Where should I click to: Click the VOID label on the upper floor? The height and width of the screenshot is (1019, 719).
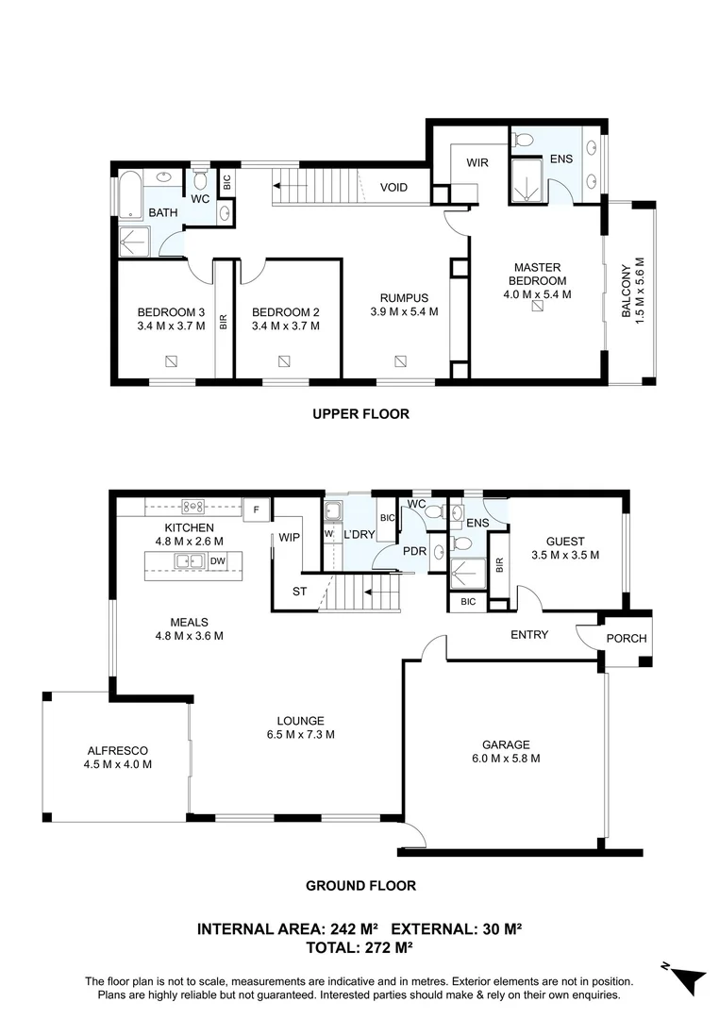coord(393,187)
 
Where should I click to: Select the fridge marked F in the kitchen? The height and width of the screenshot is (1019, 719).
coord(256,510)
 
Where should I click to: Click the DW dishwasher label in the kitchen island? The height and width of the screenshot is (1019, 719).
coord(218,560)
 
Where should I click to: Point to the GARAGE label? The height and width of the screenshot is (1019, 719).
coord(506,744)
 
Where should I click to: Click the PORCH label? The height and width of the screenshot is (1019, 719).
coord(626,638)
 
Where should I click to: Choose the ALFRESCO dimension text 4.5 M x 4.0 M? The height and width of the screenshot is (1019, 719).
coord(118,764)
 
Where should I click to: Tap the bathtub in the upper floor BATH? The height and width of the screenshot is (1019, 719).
coord(130,194)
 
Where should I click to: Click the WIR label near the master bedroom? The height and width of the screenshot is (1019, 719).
coord(477,162)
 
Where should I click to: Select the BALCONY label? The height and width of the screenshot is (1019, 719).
coord(626,291)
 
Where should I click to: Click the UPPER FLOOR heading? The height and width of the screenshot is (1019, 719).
coord(360,414)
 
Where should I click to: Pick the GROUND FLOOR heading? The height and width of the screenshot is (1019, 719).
coord(360,885)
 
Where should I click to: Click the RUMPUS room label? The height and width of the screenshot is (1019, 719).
coord(405,298)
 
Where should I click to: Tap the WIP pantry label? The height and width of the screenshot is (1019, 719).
coord(290,538)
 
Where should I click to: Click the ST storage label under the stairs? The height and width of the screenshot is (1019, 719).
coord(299,592)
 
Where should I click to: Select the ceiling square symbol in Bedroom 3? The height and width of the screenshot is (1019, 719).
coord(171,360)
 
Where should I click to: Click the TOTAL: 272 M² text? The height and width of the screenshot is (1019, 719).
coord(359,947)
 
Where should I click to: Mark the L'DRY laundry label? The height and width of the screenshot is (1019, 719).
coord(359,535)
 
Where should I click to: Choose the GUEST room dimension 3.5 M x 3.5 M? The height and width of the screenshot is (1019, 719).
coord(565,555)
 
